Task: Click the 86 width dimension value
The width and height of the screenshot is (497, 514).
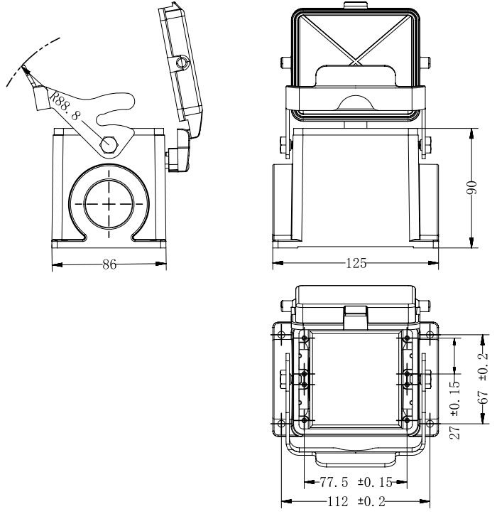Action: [109, 264]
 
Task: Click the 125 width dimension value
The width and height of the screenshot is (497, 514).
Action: [355, 264]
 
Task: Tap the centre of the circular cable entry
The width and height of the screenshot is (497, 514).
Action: [109, 203]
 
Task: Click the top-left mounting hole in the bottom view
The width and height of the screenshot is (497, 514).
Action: [282, 335]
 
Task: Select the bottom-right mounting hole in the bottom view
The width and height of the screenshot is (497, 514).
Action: [430, 424]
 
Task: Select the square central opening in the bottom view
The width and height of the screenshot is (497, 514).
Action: [355, 377]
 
